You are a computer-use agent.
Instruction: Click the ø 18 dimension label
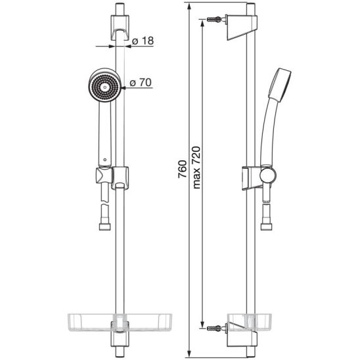(x=143, y=41)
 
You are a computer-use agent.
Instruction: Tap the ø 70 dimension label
(x=141, y=82)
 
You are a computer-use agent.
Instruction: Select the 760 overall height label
(x=183, y=169)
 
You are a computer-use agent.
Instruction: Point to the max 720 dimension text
(x=197, y=168)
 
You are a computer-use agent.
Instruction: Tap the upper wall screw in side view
(x=215, y=19)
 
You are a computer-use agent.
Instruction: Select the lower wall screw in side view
(x=215, y=328)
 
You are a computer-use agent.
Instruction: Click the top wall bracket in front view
(x=120, y=28)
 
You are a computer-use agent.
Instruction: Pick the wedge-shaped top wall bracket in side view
(x=242, y=28)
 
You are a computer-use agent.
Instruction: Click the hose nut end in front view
(x=105, y=227)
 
